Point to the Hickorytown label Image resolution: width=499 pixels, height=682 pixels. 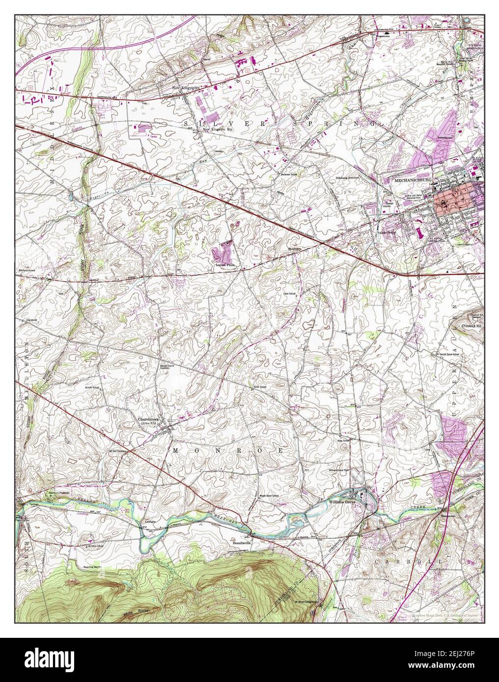(x=29, y=270)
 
